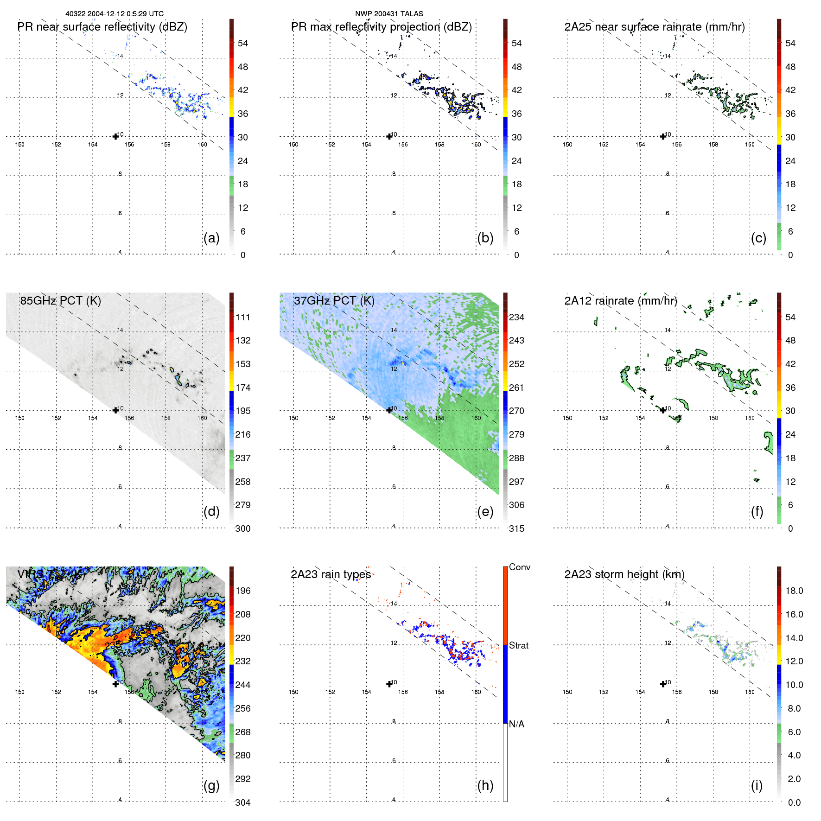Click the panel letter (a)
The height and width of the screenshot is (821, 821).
point(211,238)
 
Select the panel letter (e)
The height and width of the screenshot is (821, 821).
point(485,512)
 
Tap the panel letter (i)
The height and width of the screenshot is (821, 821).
point(757,785)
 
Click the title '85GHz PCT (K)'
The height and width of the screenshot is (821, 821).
point(60,300)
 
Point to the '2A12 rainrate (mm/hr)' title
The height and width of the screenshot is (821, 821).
point(621,300)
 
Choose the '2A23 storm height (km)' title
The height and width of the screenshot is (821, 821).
point(624,574)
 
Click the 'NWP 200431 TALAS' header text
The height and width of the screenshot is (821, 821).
point(389,13)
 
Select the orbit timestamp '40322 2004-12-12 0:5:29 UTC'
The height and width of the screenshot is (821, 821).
point(115,13)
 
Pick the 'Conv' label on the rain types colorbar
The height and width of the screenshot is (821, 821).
point(520,567)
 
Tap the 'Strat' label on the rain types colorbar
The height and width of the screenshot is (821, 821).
point(519,645)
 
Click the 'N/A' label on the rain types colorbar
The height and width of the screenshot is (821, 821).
point(516,724)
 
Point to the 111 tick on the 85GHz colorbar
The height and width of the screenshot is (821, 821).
point(243,317)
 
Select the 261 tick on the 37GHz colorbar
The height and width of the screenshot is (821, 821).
point(516,388)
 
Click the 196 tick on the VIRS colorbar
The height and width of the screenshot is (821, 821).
point(243,591)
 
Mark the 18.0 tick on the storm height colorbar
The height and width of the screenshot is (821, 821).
point(794,591)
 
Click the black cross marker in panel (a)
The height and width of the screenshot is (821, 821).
point(115,136)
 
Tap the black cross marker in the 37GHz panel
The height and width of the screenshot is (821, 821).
point(389,410)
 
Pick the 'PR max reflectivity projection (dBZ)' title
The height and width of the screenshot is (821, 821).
point(381,27)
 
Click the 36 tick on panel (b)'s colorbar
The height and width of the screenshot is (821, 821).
point(516,114)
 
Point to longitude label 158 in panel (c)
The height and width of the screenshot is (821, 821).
point(713,144)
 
